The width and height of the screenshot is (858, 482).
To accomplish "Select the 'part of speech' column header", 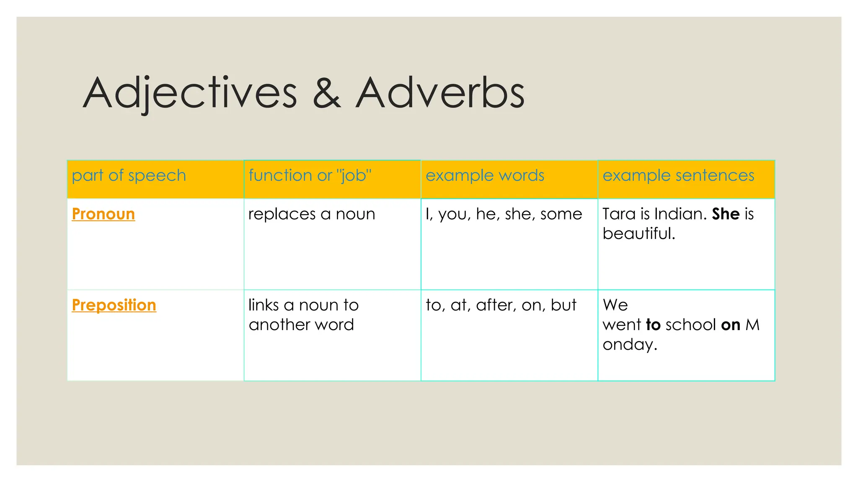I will pos(129,175).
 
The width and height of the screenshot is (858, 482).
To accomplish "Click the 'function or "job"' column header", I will pos(310,175).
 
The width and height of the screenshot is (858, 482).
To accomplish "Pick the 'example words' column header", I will pos(485,175).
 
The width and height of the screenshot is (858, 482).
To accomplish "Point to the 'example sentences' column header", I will pos(678,175).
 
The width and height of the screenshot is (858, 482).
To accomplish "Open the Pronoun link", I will pos(103,214).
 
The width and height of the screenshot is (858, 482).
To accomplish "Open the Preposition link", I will pos(114,305).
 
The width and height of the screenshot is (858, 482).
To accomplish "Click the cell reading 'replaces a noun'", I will pos(312,214).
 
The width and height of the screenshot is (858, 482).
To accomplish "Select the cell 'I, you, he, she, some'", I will pos(504,214).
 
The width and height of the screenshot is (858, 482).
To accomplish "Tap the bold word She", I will pos(726,214).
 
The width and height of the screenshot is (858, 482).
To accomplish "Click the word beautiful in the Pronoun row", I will pos(638,233).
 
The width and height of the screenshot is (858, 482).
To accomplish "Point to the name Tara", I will pos(619,214).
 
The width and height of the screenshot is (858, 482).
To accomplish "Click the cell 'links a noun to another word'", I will pos(303,315).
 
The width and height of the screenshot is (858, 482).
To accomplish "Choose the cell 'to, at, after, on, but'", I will pos(501,305).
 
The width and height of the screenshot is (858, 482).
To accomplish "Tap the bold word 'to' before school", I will pos(653,325).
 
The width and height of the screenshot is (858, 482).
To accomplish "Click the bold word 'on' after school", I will pos(731,325).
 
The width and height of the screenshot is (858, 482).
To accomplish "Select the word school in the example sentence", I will pos(691,325).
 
